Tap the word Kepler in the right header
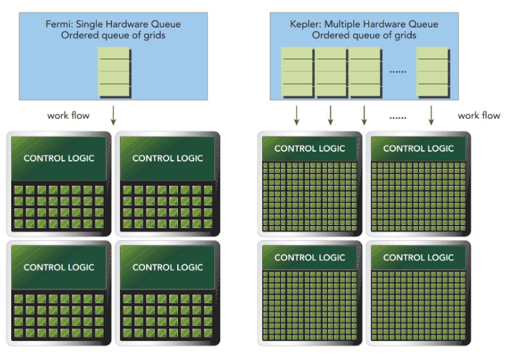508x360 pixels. (304, 24)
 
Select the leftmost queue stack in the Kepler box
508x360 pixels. (297, 72)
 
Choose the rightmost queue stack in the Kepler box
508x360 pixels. (433, 72)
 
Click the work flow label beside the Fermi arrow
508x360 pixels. (68, 115)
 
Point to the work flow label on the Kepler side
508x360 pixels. (478, 115)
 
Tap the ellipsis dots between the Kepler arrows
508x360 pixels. (398, 117)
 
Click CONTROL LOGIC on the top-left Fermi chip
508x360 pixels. (59, 158)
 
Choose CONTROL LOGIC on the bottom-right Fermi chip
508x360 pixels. (167, 267)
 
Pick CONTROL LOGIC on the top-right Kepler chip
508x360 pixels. (418, 148)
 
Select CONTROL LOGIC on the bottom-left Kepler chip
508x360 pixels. (310, 257)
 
